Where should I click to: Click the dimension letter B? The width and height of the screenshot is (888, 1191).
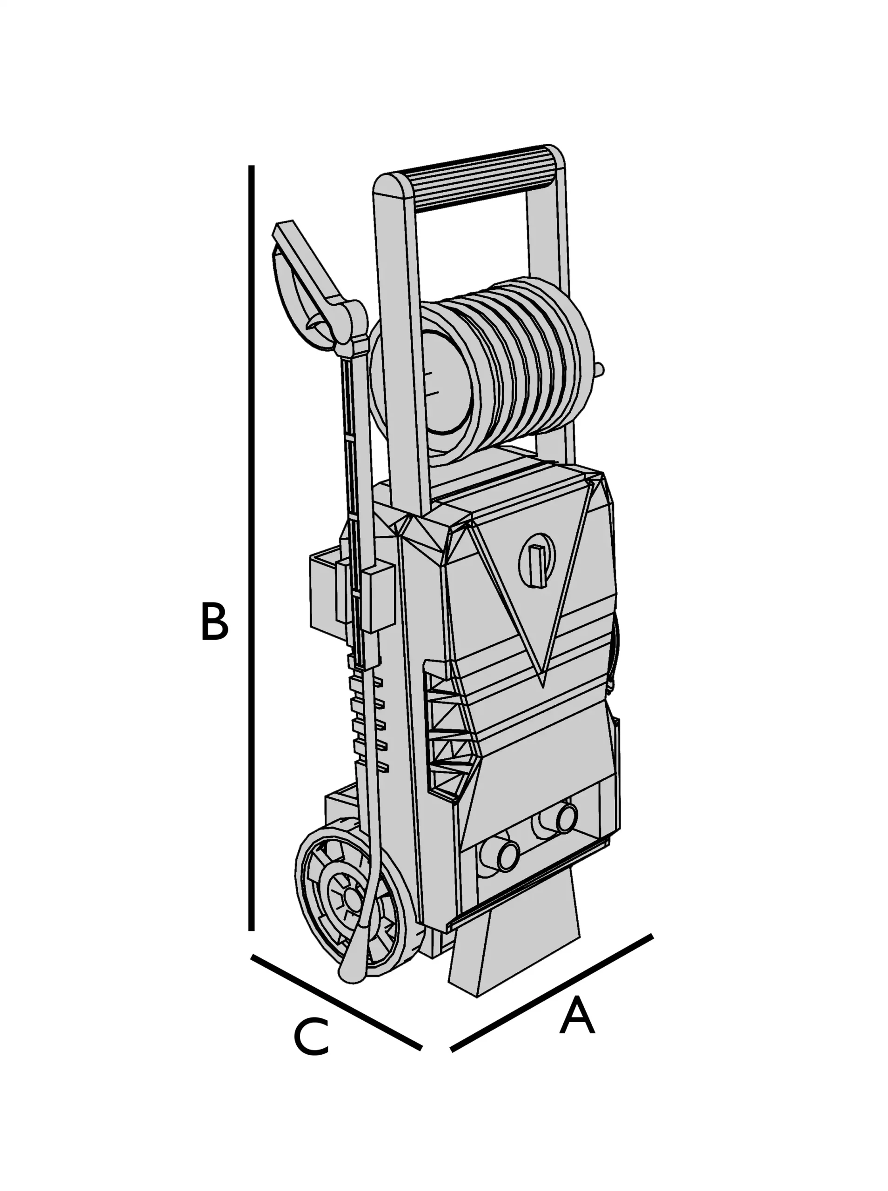click(x=214, y=622)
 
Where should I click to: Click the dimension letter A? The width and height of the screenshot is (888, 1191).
click(x=577, y=1015)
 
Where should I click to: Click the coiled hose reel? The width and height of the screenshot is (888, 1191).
click(x=516, y=366)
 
